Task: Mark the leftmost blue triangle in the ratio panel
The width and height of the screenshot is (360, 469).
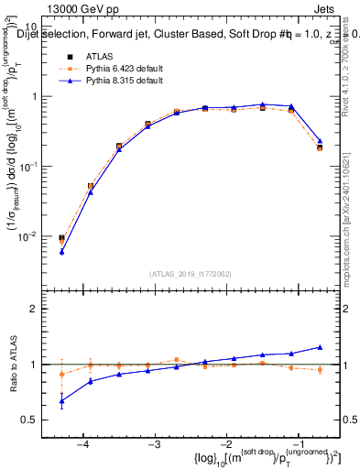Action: click(61, 400)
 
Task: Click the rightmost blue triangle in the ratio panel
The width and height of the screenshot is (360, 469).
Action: click(320, 347)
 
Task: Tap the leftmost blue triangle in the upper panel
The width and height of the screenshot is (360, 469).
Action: click(61, 251)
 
